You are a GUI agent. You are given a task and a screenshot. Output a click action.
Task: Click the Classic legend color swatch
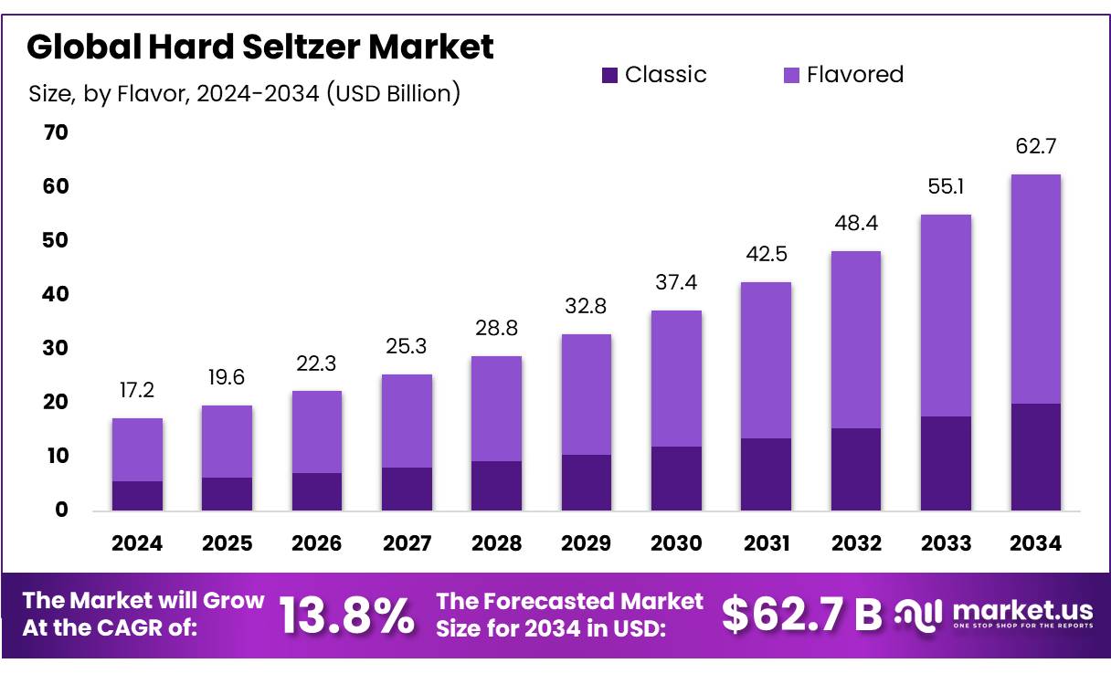coord(609,76)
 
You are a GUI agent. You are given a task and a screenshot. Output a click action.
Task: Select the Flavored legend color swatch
coord(791,76)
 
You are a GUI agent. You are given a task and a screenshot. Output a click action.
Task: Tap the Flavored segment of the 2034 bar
coord(1035,289)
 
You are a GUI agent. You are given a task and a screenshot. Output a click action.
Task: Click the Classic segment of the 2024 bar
coord(137,495)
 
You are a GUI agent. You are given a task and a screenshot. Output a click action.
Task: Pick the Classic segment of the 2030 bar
coord(677,478)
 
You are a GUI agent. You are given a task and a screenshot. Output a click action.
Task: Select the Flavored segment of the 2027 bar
coord(407,421)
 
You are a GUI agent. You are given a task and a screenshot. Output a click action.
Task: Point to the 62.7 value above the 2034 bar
coord(1035,146)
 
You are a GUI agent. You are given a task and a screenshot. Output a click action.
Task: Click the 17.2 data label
coord(137,390)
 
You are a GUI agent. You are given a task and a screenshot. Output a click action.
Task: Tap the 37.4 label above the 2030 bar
coord(677,283)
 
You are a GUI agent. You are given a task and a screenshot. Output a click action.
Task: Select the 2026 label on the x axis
coord(317,543)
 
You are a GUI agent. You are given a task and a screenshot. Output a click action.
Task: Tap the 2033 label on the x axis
coord(946,543)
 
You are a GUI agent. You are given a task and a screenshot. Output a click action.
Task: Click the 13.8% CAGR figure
coord(346,616)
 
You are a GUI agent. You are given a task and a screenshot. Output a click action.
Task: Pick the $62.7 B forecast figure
coord(801,615)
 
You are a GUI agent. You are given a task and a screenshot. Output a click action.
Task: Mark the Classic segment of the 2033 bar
coord(946,463)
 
